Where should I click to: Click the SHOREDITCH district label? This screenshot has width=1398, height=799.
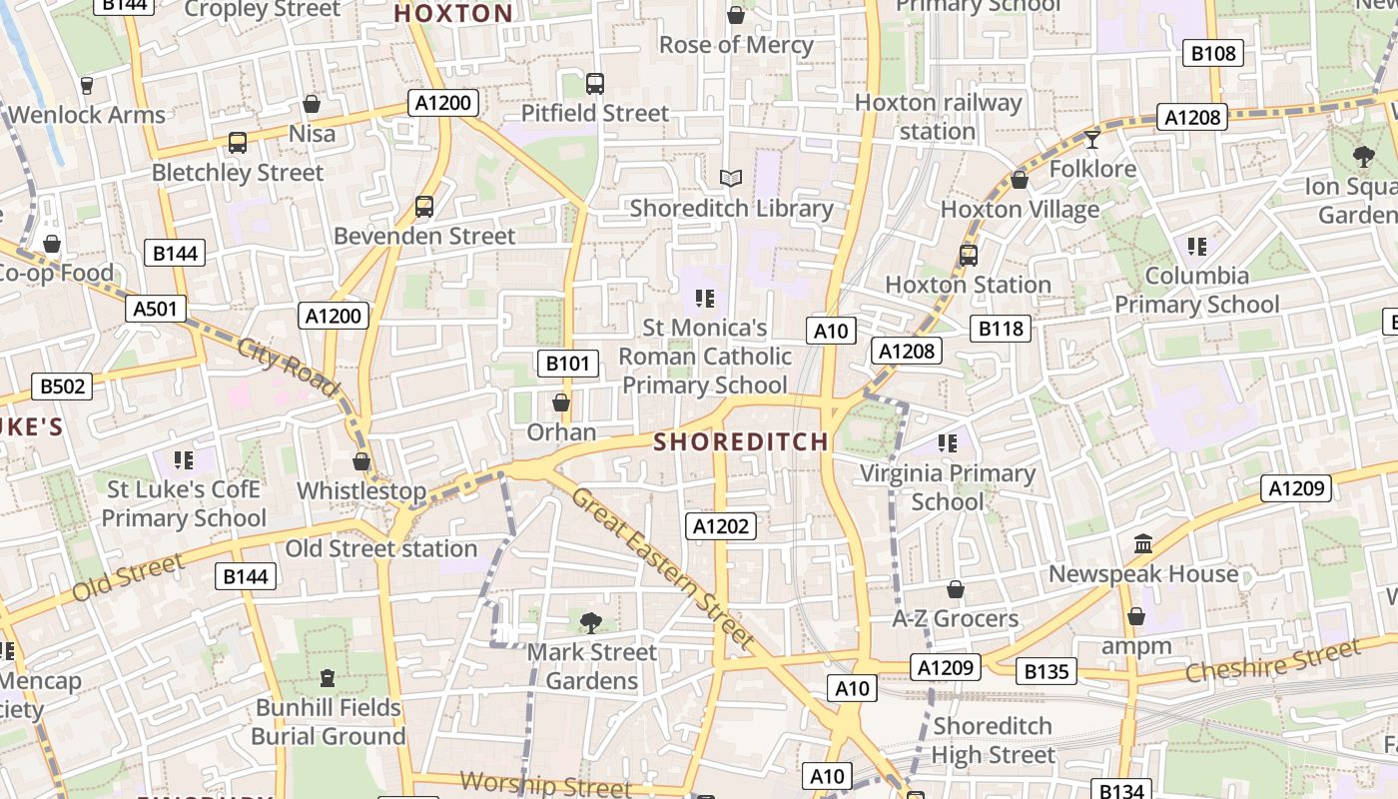741,441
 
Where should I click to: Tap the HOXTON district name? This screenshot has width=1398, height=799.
453,14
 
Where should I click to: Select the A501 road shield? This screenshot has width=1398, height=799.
156,309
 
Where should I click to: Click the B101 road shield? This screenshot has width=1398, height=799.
568,364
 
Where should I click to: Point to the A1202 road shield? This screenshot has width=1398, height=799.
721,526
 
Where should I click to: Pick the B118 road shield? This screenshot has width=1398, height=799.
1001,328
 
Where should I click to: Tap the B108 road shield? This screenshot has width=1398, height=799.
1213,54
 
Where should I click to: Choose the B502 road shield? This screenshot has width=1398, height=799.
62,387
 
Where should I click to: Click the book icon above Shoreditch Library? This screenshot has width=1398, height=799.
731,179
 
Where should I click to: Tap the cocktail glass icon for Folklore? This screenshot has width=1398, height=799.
1092,139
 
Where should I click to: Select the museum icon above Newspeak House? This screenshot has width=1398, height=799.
1143,544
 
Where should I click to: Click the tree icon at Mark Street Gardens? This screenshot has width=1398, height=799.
591,623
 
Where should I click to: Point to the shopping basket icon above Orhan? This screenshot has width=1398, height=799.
561,402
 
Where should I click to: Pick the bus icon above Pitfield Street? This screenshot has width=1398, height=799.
595,84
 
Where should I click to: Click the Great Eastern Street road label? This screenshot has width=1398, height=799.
663,565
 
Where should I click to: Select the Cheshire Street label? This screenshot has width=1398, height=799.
1273,661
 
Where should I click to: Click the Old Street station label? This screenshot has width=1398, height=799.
381,548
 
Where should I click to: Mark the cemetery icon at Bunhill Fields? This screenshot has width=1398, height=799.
328,679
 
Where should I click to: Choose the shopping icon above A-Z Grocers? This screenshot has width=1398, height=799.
956,589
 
